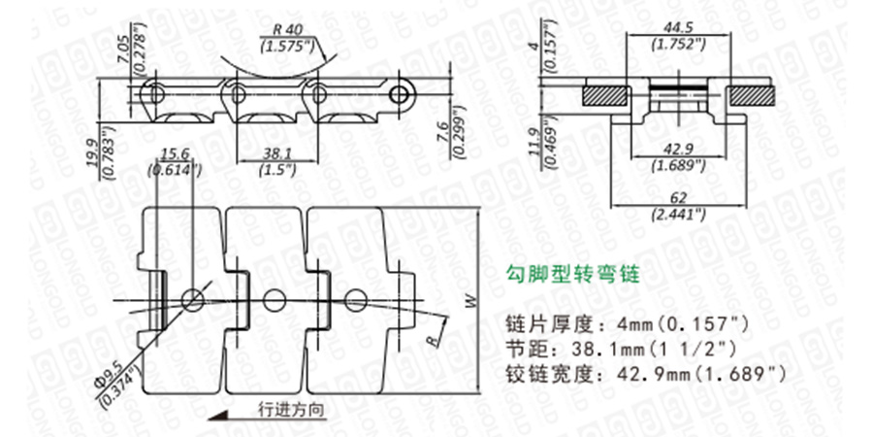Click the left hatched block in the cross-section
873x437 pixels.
604,94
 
